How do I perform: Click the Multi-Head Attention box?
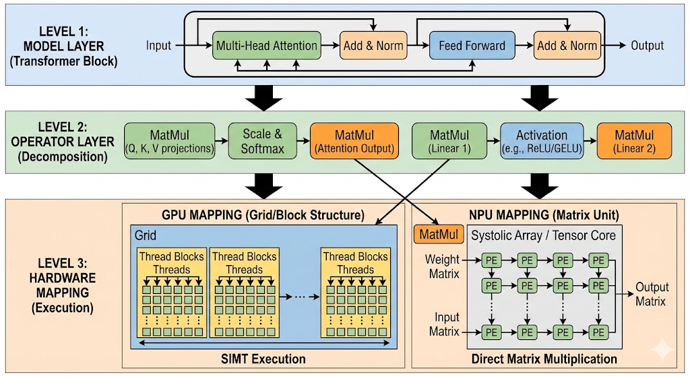(x=267, y=45)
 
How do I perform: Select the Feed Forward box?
(x=472, y=45)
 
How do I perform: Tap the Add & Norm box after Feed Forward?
(x=567, y=45)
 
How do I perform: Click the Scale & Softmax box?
(x=263, y=141)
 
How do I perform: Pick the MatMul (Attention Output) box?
(x=354, y=141)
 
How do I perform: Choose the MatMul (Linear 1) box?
(x=449, y=141)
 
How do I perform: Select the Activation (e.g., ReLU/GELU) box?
(x=542, y=141)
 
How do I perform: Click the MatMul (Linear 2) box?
(x=635, y=141)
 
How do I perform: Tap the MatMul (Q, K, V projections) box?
(x=170, y=141)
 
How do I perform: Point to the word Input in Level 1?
(x=158, y=45)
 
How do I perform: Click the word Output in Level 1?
(x=648, y=45)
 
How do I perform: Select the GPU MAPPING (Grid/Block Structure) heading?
(x=263, y=215)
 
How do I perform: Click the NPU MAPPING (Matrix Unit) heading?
(x=544, y=215)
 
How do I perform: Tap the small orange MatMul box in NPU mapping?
(x=439, y=234)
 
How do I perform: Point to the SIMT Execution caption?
(x=263, y=359)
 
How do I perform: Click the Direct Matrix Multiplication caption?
(x=544, y=359)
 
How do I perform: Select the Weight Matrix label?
(x=442, y=266)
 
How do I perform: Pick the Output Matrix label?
(x=652, y=294)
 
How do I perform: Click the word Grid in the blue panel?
(x=146, y=235)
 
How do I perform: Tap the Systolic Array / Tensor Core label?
(x=544, y=235)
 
